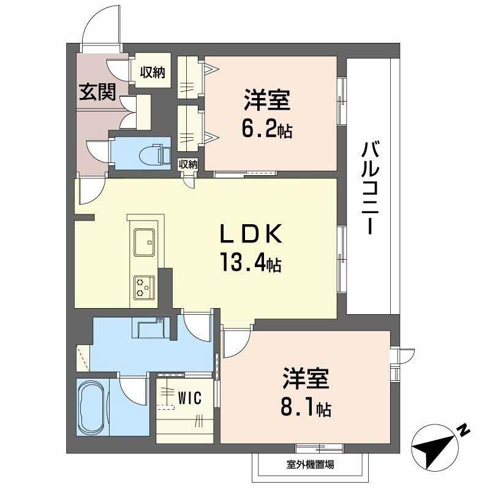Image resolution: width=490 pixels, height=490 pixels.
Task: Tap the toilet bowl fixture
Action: point(155,154)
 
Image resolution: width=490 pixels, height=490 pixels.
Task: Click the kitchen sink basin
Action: point(145,242)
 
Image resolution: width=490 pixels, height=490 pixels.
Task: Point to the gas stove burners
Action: point(144,287)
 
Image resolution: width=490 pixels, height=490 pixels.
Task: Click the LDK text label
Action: point(251,234)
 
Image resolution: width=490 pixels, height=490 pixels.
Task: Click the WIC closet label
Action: point(190,398)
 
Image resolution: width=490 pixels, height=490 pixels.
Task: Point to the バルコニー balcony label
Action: point(371,188)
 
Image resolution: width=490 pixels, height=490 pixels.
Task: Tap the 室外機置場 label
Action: point(311,464)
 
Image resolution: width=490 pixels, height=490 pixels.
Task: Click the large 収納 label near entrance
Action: point(152,72)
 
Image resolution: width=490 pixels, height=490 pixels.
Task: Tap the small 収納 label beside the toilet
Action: point(188,164)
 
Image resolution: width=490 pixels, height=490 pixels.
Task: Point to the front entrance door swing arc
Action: point(97,20)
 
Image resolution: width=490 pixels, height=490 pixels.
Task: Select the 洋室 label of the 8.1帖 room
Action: point(306,379)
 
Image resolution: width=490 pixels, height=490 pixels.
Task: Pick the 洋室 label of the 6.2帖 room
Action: point(267,100)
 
